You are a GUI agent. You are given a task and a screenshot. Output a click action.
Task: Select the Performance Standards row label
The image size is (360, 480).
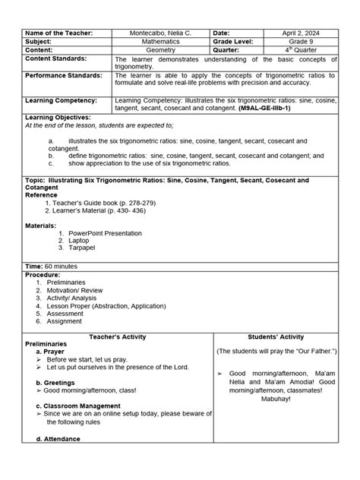65,77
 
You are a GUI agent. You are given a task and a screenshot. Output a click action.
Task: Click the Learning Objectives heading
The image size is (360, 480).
58,118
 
